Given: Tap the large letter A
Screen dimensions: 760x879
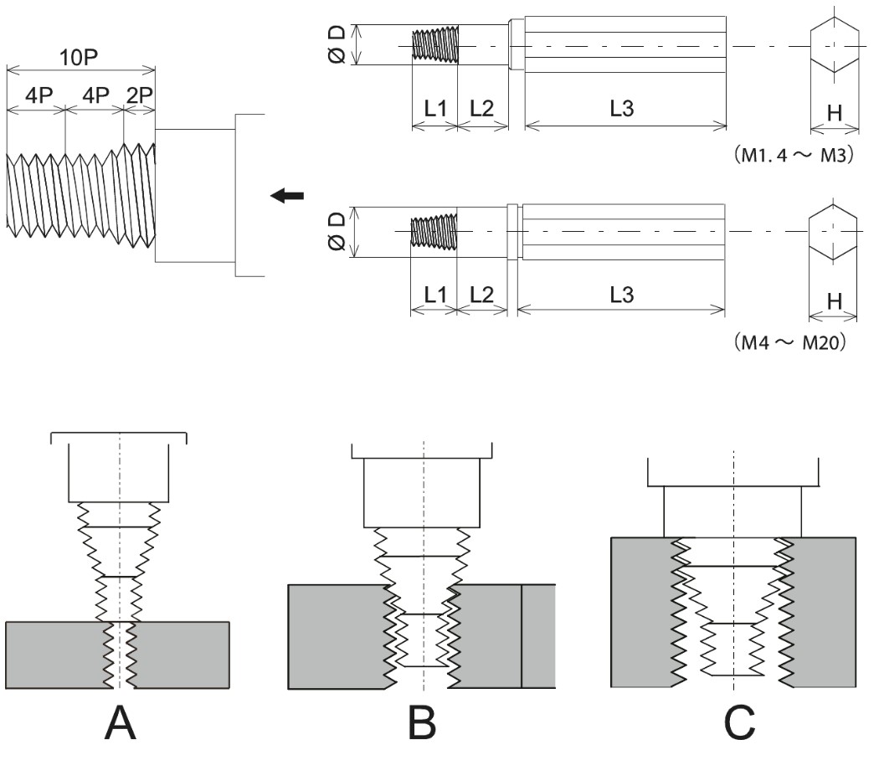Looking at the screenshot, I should point(120,721).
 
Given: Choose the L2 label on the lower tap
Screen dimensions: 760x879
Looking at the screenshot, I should point(481,295).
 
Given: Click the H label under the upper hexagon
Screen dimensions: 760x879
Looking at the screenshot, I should point(834,113).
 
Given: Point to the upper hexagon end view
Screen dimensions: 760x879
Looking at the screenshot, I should point(835,45).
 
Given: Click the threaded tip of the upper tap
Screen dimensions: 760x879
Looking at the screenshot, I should point(436,45).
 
